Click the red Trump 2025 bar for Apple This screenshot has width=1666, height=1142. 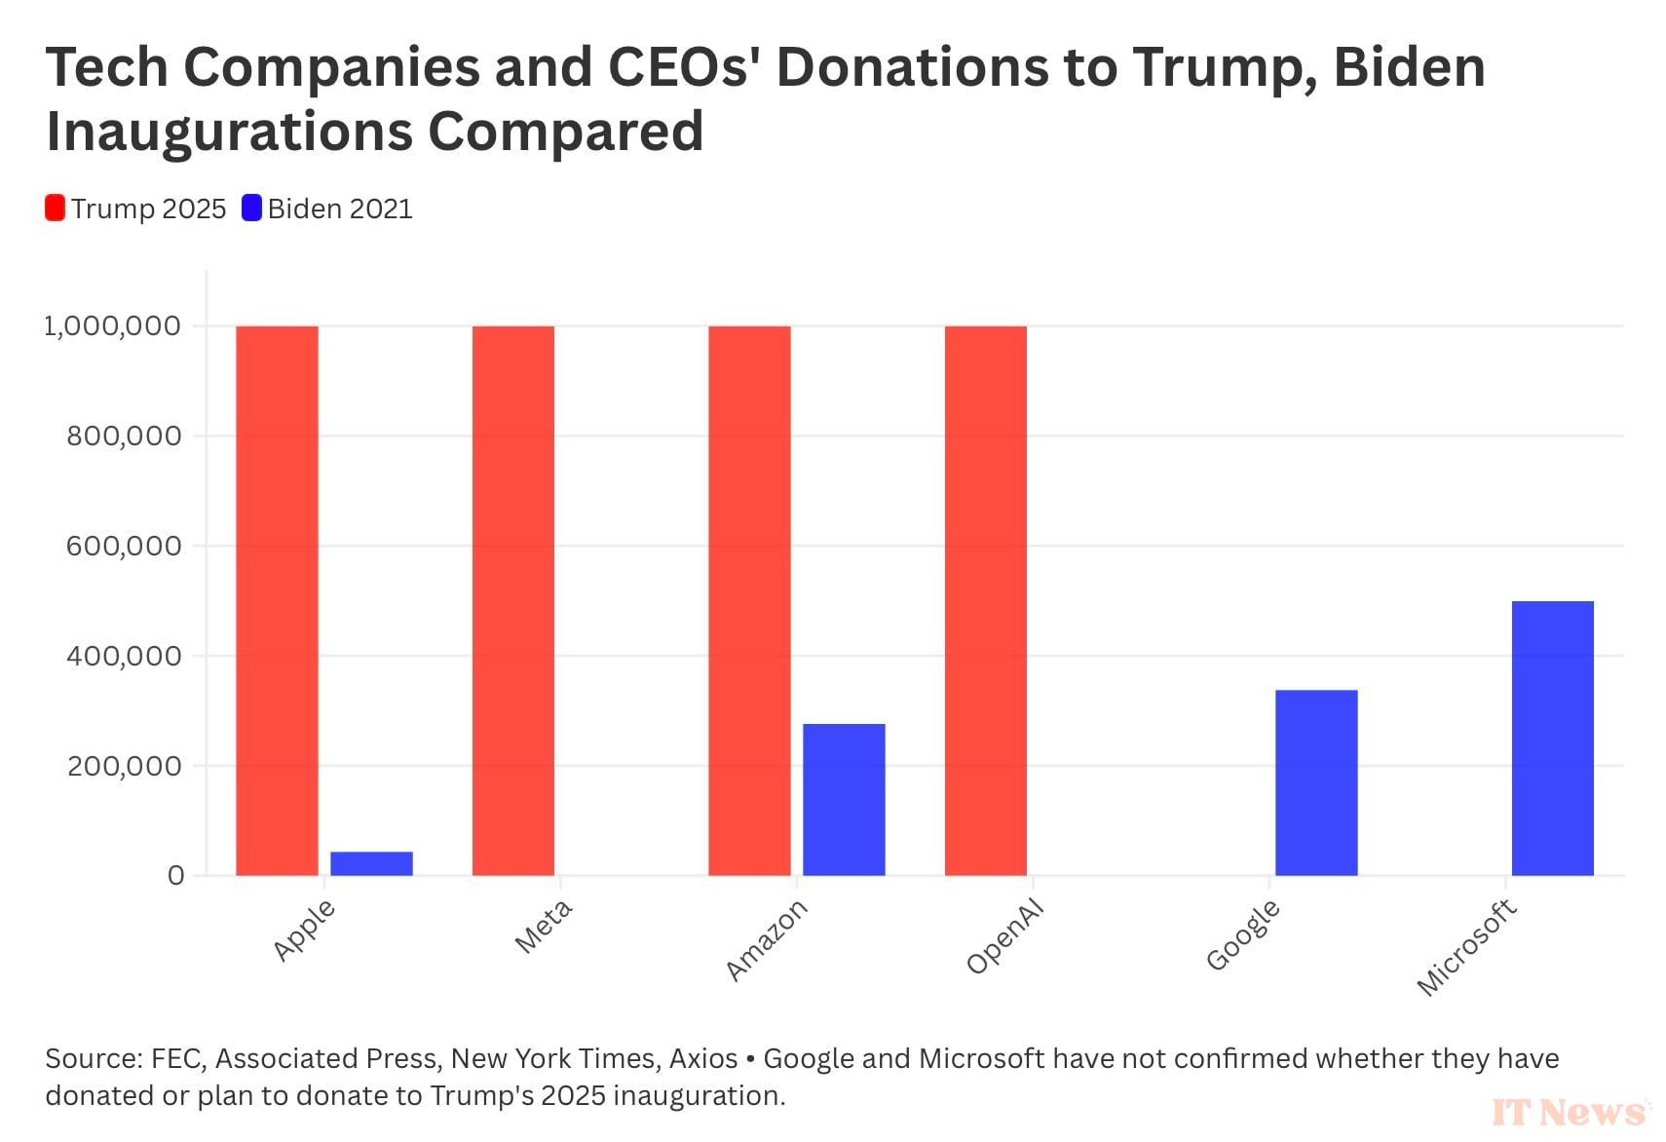click(x=277, y=600)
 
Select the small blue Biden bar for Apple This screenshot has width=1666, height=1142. click(x=371, y=863)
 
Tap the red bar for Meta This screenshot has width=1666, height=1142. click(x=513, y=600)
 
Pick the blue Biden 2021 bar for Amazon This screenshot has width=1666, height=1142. click(x=844, y=799)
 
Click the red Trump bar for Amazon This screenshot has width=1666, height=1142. click(x=749, y=600)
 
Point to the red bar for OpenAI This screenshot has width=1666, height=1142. click(x=986, y=600)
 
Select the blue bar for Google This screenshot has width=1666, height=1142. click(x=1316, y=782)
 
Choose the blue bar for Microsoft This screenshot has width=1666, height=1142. click(x=1553, y=738)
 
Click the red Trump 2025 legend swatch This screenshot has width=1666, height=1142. click(x=56, y=209)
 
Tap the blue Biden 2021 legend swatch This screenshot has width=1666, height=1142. click(x=252, y=209)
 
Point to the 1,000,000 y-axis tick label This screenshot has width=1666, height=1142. click(x=113, y=326)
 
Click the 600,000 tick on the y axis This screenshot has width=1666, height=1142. click(x=124, y=547)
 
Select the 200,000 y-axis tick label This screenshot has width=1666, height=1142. click(x=124, y=767)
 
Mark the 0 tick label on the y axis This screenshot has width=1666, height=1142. click(x=175, y=876)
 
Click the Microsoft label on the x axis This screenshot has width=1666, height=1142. click(x=1466, y=948)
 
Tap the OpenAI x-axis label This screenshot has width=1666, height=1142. click(x=1005, y=936)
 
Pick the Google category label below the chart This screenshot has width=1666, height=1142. click(x=1243, y=935)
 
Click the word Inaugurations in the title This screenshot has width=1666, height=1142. click(x=229, y=132)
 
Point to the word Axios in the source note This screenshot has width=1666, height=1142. click(x=703, y=1058)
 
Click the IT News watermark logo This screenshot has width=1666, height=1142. click(x=1568, y=1112)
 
